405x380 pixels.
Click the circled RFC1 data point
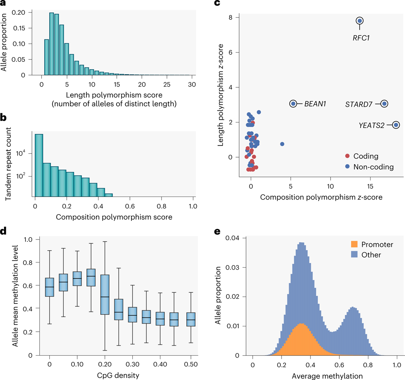click(359, 21)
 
